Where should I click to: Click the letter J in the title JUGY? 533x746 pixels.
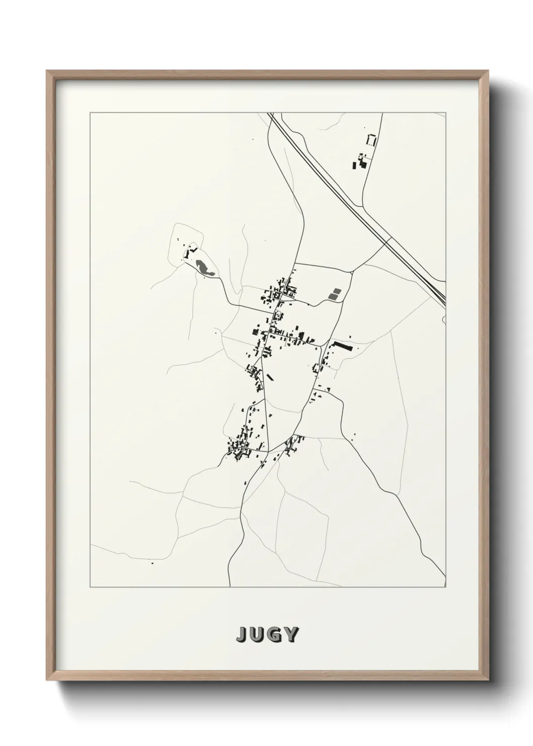click(x=242, y=635)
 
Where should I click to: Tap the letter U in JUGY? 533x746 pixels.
click(x=258, y=635)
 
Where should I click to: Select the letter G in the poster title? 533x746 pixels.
click(x=275, y=635)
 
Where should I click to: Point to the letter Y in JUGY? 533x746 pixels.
click(x=291, y=635)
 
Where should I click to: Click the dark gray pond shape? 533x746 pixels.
click(x=204, y=266)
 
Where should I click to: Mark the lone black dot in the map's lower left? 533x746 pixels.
click(x=152, y=563)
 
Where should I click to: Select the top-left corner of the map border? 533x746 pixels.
click(x=90, y=113)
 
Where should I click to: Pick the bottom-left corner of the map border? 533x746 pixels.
click(x=90, y=587)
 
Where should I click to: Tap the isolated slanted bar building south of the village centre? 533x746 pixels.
click(x=271, y=377)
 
